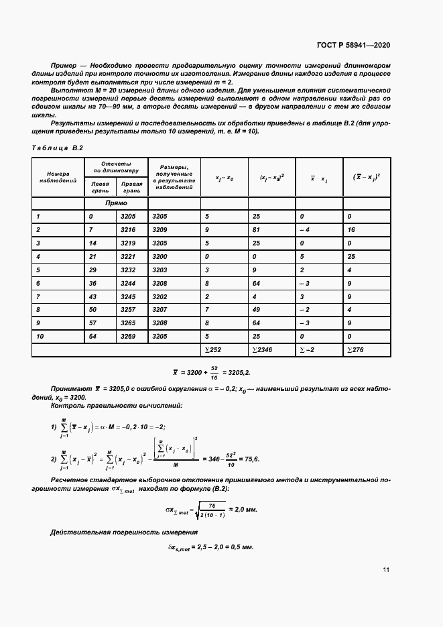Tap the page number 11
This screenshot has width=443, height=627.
386,570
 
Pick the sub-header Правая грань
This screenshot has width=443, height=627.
132,184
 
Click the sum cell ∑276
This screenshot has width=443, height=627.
357,349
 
